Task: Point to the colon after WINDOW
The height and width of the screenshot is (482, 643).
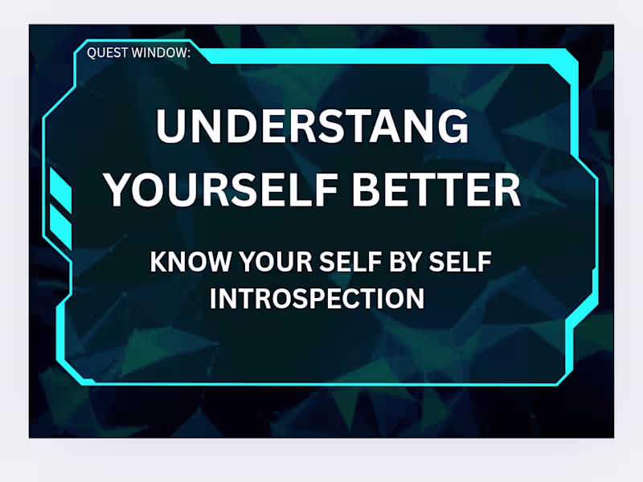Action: (x=190, y=54)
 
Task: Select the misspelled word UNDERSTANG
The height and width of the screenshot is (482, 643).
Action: (x=313, y=127)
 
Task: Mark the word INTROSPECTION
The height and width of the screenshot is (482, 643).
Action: (x=317, y=299)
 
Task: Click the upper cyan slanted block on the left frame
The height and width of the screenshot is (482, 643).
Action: (x=61, y=190)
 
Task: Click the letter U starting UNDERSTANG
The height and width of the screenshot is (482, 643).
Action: (x=171, y=127)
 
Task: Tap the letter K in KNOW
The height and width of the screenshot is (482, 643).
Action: (x=158, y=263)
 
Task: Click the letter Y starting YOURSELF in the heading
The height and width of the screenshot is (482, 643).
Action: (x=120, y=190)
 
